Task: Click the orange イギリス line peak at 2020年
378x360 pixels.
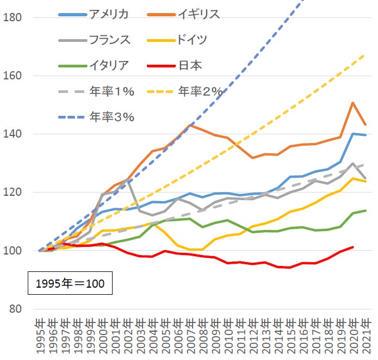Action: click(353, 102)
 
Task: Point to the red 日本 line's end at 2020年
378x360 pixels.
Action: click(353, 247)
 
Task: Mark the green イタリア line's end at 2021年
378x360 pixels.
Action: click(365, 210)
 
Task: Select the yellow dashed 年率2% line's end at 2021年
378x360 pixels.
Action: click(365, 55)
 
